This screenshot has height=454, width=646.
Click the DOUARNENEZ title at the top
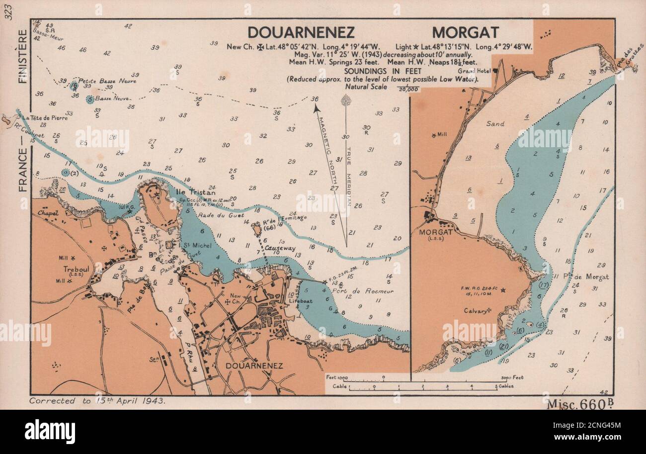(301, 32)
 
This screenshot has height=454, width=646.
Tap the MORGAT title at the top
(465, 32)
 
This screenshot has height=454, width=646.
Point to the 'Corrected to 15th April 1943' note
(97, 401)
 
